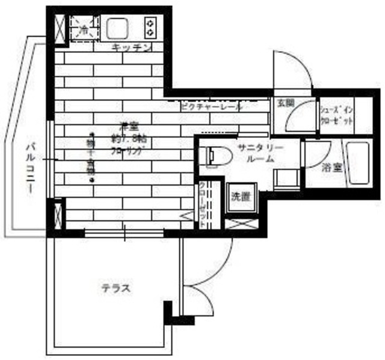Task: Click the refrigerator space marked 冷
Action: click(x=83, y=28)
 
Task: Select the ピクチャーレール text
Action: click(x=211, y=106)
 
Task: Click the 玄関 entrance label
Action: click(x=285, y=103)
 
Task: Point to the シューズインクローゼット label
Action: click(x=336, y=114)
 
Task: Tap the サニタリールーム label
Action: click(x=260, y=153)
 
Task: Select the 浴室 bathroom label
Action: click(x=331, y=168)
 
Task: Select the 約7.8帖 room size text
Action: click(x=126, y=139)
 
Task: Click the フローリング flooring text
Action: click(x=127, y=152)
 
